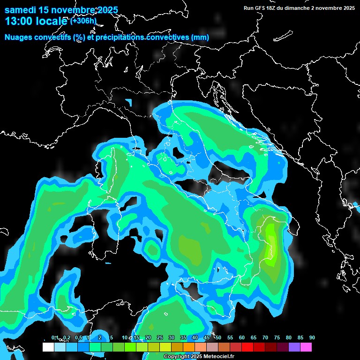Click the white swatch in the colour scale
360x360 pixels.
coord(48,347)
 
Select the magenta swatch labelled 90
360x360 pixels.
coord(306,347)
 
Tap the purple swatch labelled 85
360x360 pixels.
coord(294,347)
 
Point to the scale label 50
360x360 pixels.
coord(218,337)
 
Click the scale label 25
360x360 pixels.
coord(160,337)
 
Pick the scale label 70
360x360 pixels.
coord(265,337)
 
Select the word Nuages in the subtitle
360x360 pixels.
coord(18,37)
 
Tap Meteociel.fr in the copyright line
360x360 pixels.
coord(222,357)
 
